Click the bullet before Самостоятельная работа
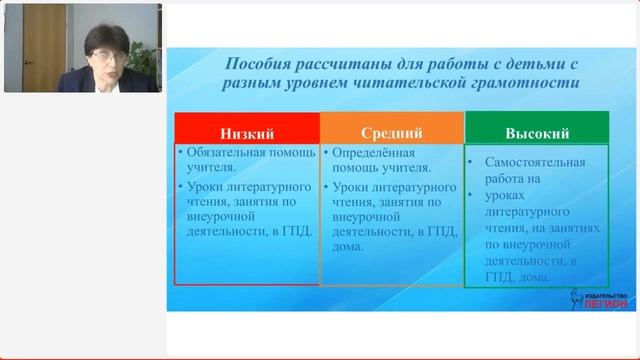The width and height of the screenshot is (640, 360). pos(473,161)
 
